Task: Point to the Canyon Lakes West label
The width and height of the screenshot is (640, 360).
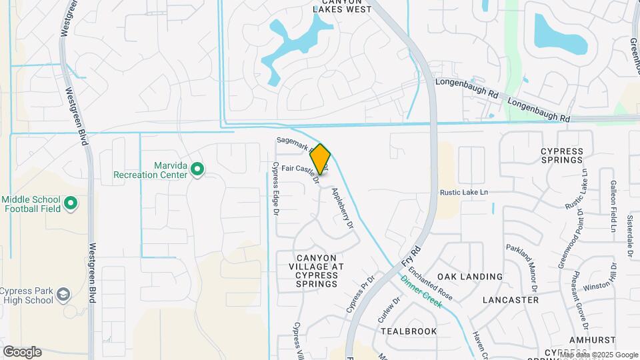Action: coord(342,6)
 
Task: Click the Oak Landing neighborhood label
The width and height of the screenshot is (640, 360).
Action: coord(470,277)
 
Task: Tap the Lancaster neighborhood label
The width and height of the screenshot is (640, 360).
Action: coord(511,300)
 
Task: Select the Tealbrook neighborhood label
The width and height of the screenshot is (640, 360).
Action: coord(409,331)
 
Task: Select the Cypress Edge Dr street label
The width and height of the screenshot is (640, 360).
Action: coord(274,190)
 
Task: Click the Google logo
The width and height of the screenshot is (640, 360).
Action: coord(22,352)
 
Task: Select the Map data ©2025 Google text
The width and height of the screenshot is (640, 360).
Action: coord(598,355)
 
